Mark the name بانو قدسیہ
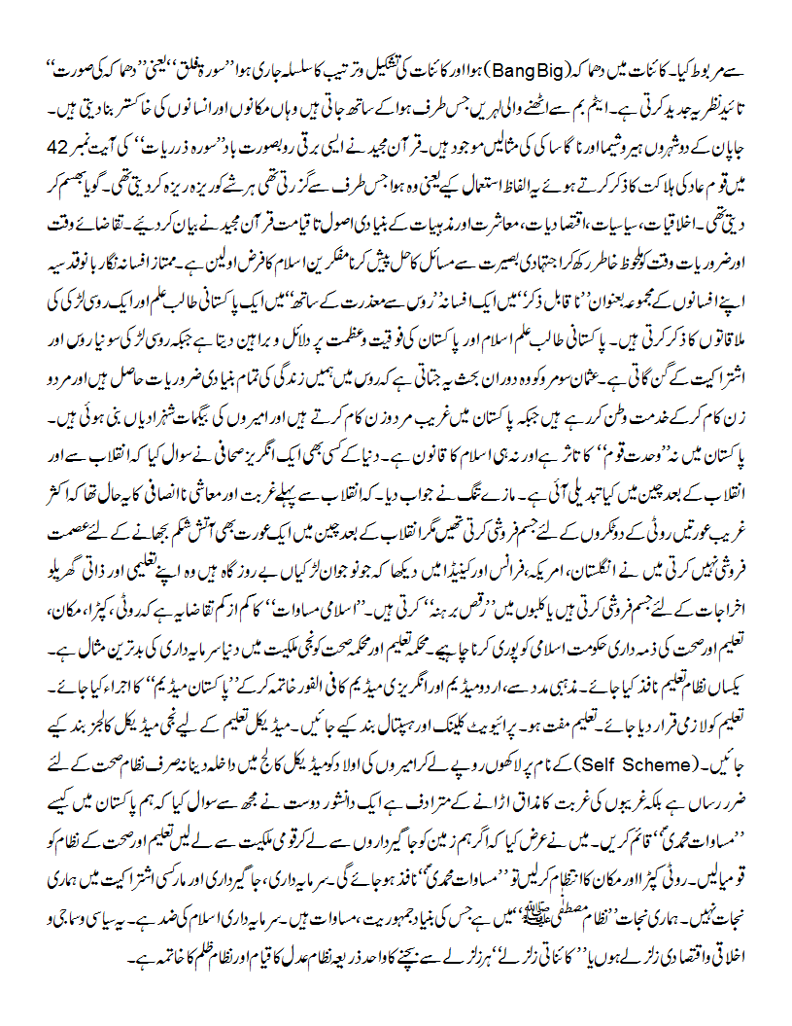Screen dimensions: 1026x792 tap(85, 235)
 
